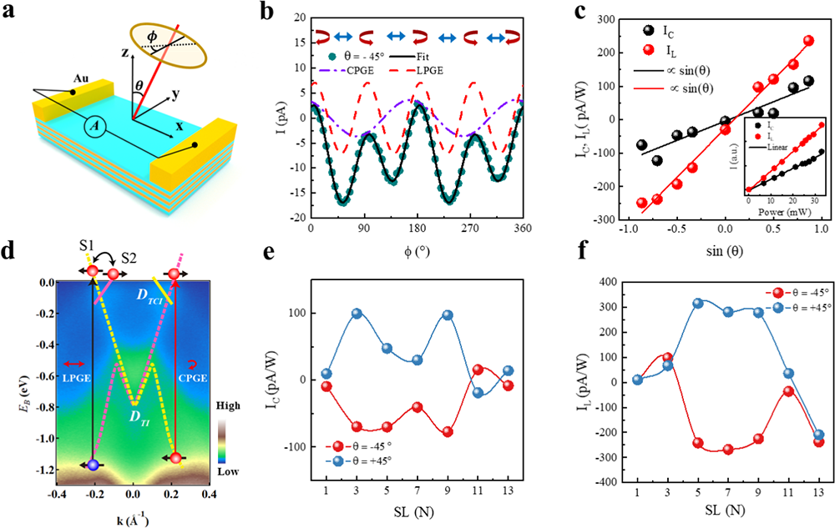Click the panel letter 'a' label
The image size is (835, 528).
(11, 12)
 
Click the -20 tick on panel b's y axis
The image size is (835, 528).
(297, 219)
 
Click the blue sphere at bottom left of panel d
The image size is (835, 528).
(94, 465)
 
